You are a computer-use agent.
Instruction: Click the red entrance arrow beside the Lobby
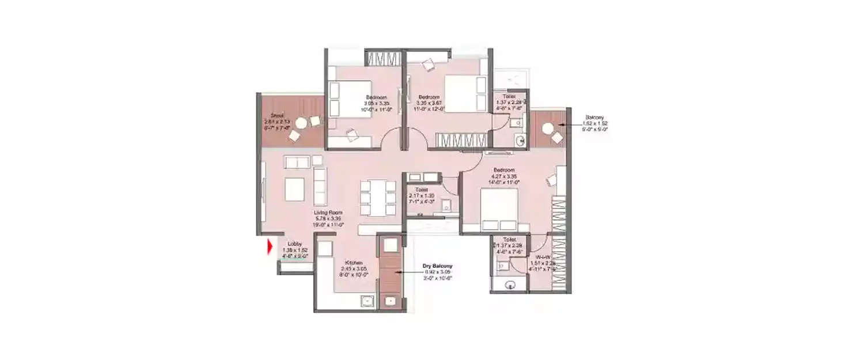click(270, 248)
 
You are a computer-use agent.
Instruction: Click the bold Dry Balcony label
click(438, 266)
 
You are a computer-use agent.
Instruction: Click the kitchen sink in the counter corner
click(366, 301)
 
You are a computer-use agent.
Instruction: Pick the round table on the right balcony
click(547, 128)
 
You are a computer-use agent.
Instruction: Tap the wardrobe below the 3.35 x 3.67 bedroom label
click(461, 141)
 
